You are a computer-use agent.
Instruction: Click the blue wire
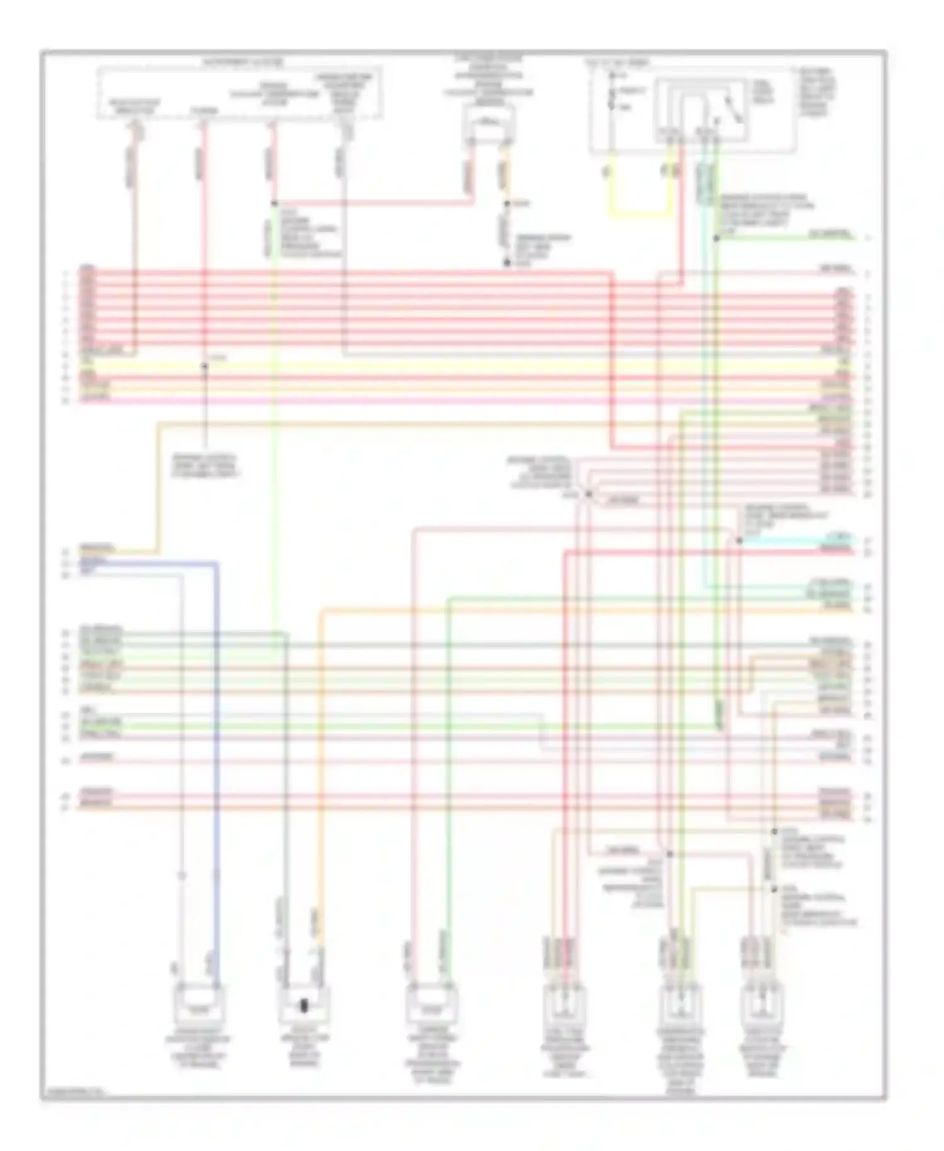[216, 724]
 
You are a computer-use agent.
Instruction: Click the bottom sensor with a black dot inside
[304, 1006]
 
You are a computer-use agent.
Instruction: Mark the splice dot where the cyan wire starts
[739, 540]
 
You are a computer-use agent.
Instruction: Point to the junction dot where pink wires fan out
[588, 494]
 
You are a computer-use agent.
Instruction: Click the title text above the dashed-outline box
[242, 63]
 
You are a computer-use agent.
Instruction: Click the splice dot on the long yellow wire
[204, 366]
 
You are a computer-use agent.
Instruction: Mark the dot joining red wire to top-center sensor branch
[274, 203]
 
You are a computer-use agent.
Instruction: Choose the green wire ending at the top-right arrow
[787, 238]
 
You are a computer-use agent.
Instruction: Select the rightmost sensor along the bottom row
[762, 1007]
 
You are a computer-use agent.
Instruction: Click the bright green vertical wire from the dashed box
[274, 441]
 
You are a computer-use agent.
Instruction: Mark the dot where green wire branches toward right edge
[716, 238]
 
